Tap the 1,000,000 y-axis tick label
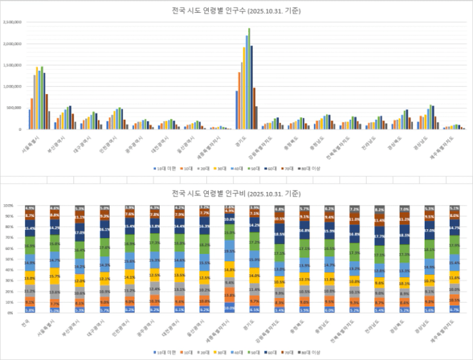point(14,86)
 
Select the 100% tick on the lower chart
point(9,206)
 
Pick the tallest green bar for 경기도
point(249,77)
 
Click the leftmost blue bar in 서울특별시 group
point(29,119)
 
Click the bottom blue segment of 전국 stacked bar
point(30,310)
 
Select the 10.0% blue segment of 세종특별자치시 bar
point(229,308)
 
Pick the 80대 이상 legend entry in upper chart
point(311,168)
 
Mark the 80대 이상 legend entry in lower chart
point(311,352)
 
